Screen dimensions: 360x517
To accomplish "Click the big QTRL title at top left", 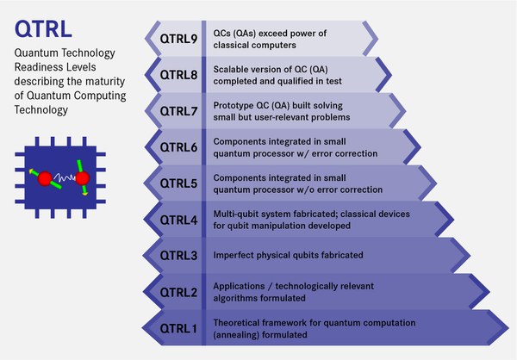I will coord(40,31).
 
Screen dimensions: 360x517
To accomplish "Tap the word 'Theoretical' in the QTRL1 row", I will coord(239,321).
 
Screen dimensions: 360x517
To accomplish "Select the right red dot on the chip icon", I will coord(83,179).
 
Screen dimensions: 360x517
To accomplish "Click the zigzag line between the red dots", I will coord(61,179).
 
